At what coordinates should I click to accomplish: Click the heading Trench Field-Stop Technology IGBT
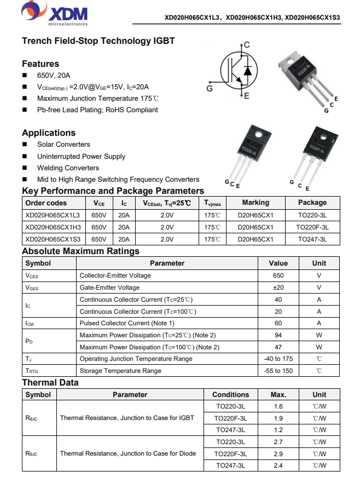point(98,41)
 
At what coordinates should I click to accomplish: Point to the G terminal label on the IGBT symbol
point(210,88)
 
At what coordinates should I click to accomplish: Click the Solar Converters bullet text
point(63,145)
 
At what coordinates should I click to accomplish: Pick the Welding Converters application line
point(68,168)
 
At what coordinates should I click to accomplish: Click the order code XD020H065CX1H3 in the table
point(53,227)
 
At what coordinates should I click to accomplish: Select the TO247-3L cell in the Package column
point(312,239)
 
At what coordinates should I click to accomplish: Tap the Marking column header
point(256,203)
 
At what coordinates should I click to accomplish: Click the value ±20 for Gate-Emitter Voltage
point(278,288)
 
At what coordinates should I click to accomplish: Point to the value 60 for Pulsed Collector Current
point(278,323)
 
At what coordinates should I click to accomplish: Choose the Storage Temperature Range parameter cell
point(120,371)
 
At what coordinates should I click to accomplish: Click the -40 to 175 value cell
point(278,359)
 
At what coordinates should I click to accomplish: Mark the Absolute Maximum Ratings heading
point(80,251)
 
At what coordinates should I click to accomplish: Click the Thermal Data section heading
point(50,383)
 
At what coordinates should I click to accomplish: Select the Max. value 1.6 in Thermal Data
point(278,406)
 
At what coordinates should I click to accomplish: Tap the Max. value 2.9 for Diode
point(278,454)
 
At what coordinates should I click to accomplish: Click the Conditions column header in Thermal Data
point(230,394)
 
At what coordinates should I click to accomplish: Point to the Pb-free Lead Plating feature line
point(97,110)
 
